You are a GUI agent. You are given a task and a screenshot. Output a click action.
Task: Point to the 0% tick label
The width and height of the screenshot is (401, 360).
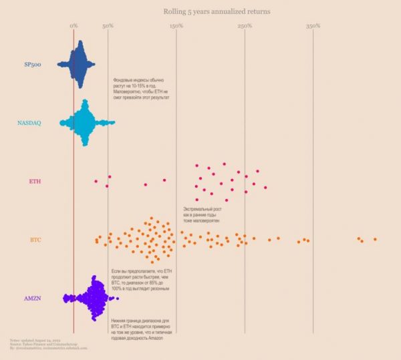point(74,25)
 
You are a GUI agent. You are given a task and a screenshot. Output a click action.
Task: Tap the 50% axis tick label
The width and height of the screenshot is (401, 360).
point(108,25)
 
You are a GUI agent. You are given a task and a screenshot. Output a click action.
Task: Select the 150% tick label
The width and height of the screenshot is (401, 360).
point(176,25)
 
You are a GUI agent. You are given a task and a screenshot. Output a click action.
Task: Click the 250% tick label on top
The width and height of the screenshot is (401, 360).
point(245,25)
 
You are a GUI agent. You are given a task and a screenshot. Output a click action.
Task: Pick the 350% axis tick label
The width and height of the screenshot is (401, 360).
point(313,25)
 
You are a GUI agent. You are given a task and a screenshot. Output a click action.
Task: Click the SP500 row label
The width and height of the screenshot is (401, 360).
point(32,64)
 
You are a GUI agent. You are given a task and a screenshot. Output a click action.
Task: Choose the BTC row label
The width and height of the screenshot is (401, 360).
point(35,239)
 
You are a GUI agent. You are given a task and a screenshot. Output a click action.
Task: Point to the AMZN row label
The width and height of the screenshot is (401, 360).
point(33,297)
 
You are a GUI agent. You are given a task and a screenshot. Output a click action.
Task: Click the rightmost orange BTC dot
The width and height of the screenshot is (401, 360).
point(375,239)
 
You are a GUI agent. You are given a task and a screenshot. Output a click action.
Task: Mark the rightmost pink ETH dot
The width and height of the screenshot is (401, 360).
point(265,188)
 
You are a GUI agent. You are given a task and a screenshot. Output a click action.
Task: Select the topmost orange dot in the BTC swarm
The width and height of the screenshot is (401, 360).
point(152,218)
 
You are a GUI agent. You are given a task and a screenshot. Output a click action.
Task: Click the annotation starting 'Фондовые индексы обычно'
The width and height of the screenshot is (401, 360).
point(142,89)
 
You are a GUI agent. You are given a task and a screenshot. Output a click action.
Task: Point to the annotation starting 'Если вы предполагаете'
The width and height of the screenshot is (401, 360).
point(142,279)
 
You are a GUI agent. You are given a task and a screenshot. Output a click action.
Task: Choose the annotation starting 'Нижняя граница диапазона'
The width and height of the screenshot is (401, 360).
point(141,329)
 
